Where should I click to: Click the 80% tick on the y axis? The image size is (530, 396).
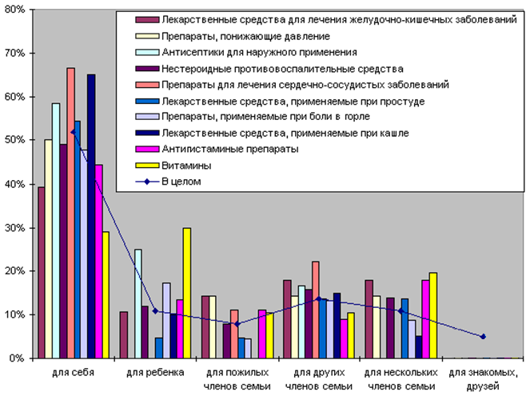tap(15, 10)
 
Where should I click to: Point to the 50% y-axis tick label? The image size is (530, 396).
tap(15, 140)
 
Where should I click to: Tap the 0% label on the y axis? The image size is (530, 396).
tap(18, 358)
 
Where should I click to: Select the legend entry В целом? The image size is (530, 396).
tap(181, 182)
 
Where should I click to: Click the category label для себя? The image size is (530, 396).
tap(73, 373)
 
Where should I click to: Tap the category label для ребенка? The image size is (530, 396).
tap(157, 373)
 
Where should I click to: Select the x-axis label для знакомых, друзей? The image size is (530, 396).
tap(478, 379)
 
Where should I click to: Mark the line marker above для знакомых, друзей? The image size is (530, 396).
tap(483, 337)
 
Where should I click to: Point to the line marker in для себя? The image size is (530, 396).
tap(74, 132)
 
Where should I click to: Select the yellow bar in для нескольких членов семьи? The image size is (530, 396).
tap(434, 316)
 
